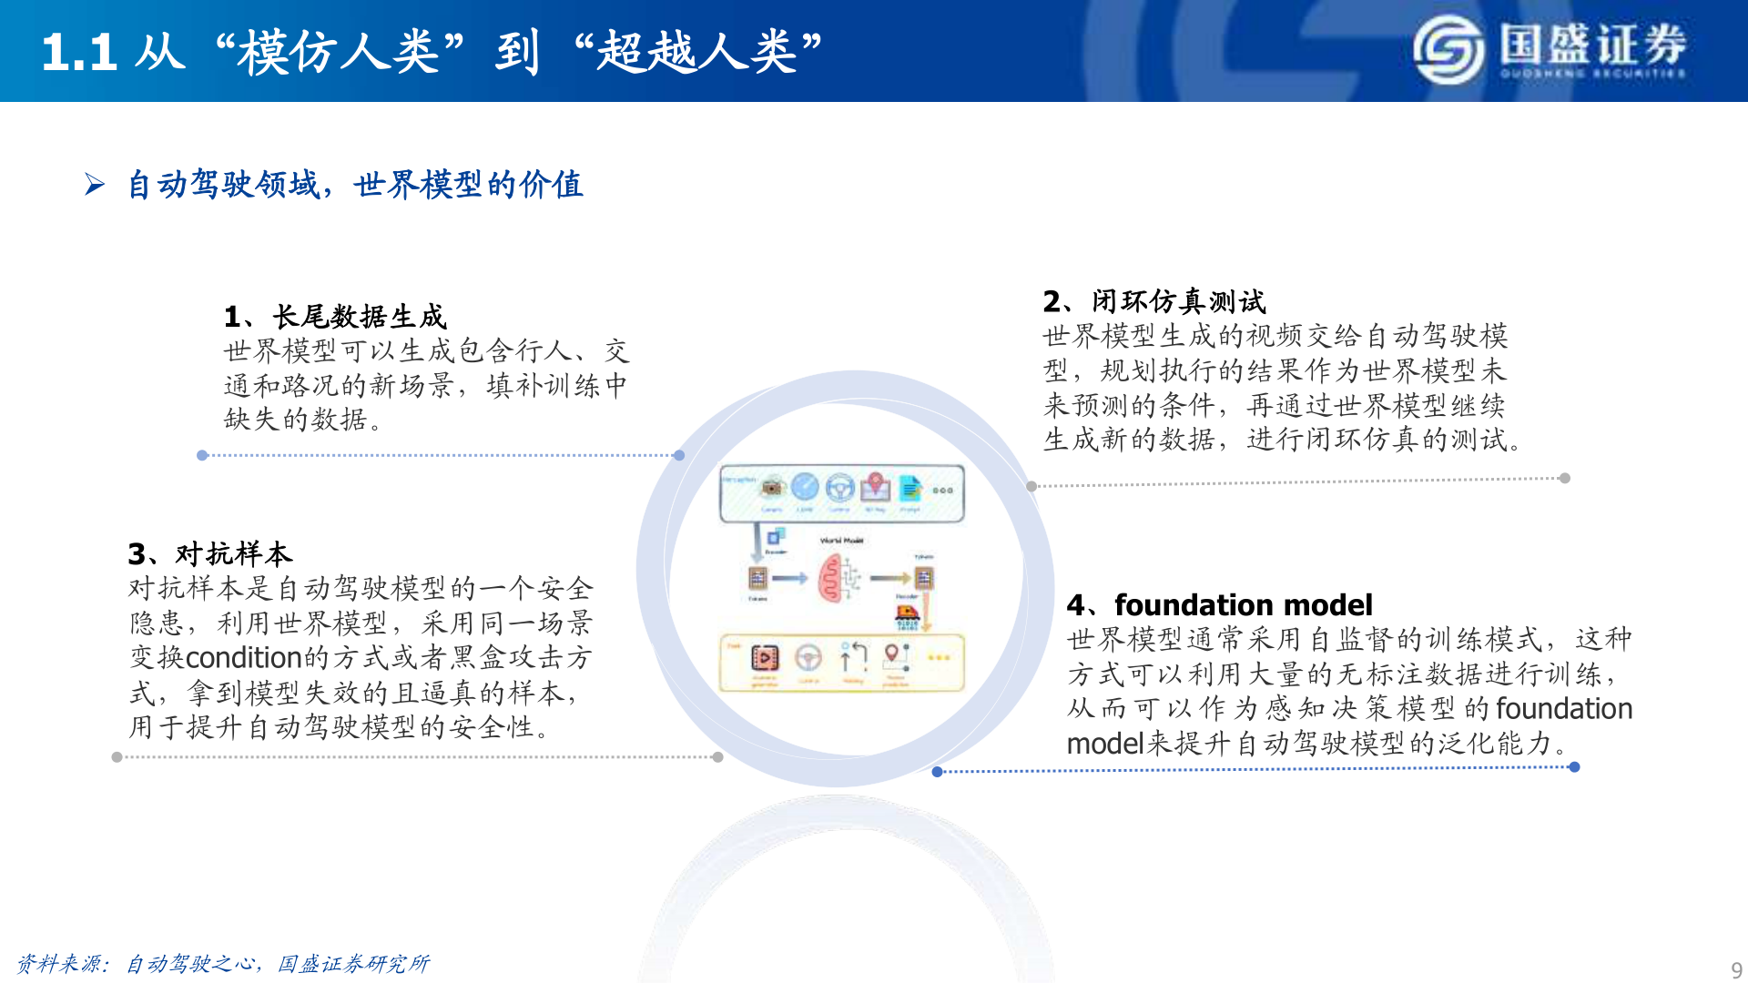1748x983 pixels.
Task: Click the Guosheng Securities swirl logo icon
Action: pyautogui.click(x=1448, y=51)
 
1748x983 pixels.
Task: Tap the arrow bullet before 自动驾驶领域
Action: pyautogui.click(x=95, y=185)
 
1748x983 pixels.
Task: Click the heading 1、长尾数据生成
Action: pyautogui.click(x=335, y=317)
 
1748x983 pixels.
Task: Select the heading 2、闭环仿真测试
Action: pyautogui.click(x=1153, y=301)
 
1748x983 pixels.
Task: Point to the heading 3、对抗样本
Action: pyautogui.click(x=210, y=553)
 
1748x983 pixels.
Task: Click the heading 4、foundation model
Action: pyautogui.click(x=1219, y=605)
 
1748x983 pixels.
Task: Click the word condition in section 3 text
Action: pyautogui.click(x=243, y=657)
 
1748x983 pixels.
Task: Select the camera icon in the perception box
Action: pyautogui.click(x=772, y=488)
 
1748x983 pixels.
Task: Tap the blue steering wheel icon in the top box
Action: pyautogui.click(x=839, y=488)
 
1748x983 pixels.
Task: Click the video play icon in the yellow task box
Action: pyautogui.click(x=764, y=657)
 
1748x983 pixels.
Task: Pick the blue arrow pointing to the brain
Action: pyautogui.click(x=790, y=578)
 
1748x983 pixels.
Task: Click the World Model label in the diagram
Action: pyautogui.click(x=841, y=541)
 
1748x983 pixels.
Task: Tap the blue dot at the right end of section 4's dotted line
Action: pyautogui.click(x=1574, y=767)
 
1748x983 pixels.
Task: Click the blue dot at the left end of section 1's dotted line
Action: pyautogui.click(x=202, y=455)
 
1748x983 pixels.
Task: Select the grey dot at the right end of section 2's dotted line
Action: pyautogui.click(x=1564, y=479)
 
